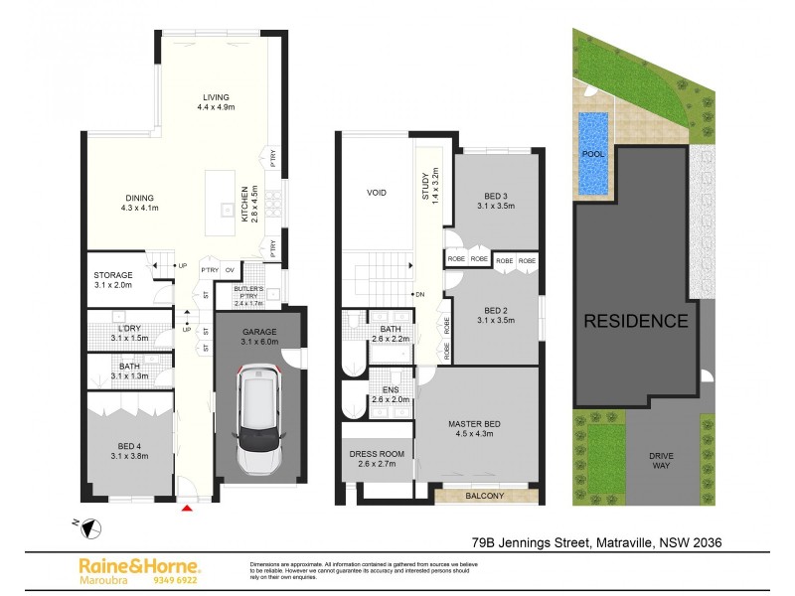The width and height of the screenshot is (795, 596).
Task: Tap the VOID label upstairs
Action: pyautogui.click(x=376, y=193)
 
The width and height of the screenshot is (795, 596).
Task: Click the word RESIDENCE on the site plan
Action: pyautogui.click(x=634, y=321)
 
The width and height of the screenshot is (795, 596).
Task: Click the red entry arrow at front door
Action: pyautogui.click(x=189, y=509)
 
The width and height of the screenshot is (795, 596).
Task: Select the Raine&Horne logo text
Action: pyautogui.click(x=138, y=564)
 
